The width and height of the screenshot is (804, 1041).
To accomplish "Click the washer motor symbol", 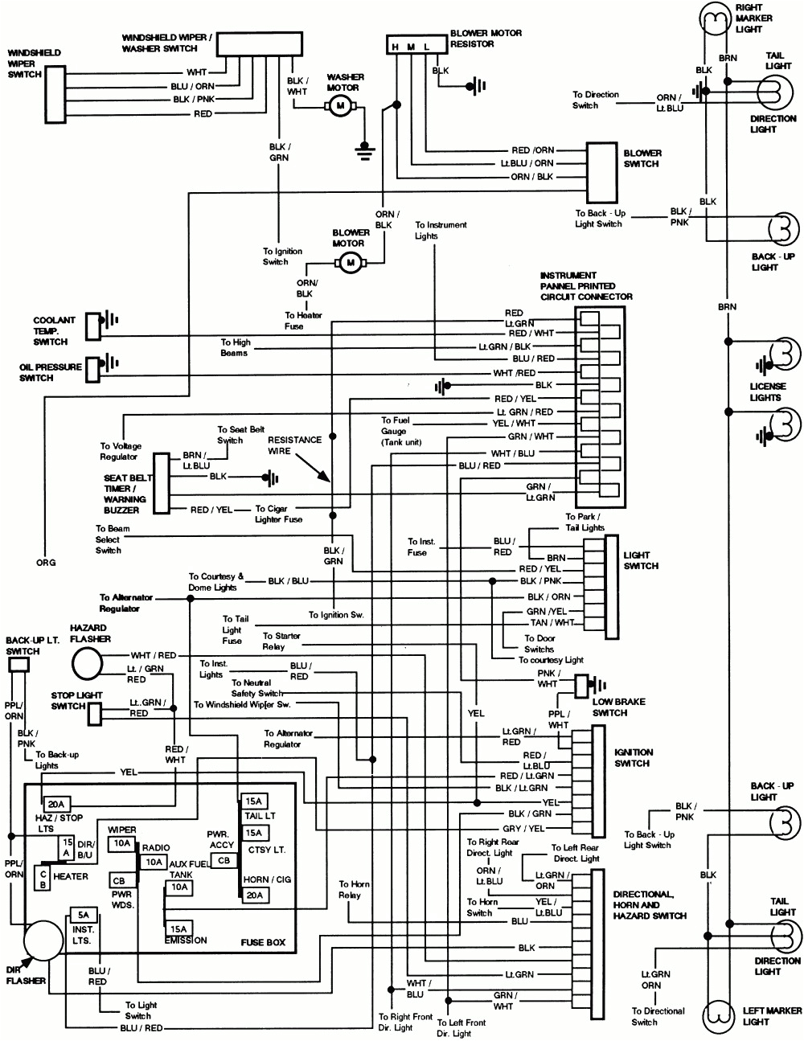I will coord(339,105).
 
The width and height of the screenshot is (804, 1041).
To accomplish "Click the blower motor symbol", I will coord(350,261).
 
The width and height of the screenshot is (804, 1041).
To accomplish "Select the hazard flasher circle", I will coord(88,664).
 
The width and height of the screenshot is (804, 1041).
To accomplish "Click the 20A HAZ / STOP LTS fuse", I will coord(56,804).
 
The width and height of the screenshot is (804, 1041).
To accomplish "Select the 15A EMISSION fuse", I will coord(178,928).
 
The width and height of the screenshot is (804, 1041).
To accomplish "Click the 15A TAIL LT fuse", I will coord(255,801).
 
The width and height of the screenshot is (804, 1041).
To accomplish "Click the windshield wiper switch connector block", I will coord(55,94).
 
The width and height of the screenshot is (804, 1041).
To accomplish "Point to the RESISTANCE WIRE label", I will coord(294,445).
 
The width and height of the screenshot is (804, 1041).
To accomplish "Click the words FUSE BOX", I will coord(262,942).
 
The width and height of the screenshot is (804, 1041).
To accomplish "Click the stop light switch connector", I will coord(95,711).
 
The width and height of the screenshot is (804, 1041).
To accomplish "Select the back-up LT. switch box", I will coord(18,665).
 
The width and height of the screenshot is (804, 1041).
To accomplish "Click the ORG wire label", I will coord(46,563).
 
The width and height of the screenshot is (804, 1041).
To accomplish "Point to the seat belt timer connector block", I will coord(161,482).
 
